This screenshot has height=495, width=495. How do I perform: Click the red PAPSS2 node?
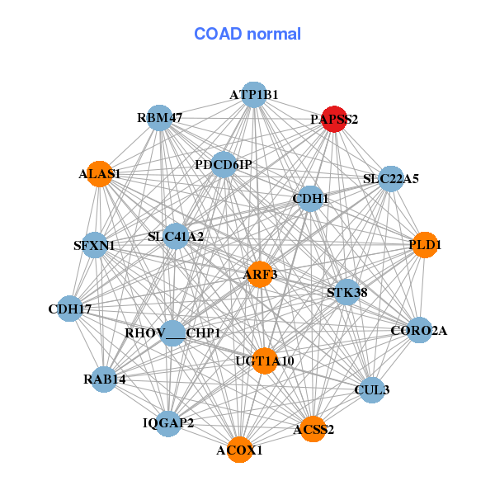[x=334, y=119]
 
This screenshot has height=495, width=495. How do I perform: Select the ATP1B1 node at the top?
[x=254, y=94]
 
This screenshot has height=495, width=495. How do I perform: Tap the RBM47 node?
[x=159, y=118]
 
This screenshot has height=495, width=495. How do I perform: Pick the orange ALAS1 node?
[x=99, y=174]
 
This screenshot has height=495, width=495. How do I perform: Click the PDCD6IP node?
[x=224, y=165]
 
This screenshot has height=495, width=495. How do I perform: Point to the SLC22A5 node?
[x=391, y=178]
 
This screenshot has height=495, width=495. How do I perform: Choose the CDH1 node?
[x=310, y=198]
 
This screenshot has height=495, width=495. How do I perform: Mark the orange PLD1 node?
[x=425, y=245]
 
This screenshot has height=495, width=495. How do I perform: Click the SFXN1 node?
[x=94, y=245]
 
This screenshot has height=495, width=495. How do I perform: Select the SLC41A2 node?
[x=176, y=237]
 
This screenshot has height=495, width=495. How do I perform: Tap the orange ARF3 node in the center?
[x=260, y=274]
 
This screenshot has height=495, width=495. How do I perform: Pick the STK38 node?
[x=347, y=292]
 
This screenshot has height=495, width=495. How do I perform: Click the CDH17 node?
[x=70, y=309]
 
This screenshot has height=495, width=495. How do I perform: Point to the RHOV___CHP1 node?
[x=173, y=333]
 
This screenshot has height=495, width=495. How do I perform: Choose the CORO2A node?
[x=419, y=331]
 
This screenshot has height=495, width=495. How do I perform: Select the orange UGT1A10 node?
[x=264, y=361]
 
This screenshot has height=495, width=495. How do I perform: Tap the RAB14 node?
[x=104, y=379]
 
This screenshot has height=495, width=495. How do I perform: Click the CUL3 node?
[x=372, y=389]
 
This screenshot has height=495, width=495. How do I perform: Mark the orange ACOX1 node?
[x=239, y=450]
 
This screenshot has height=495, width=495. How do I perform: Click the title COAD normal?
[x=247, y=34]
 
